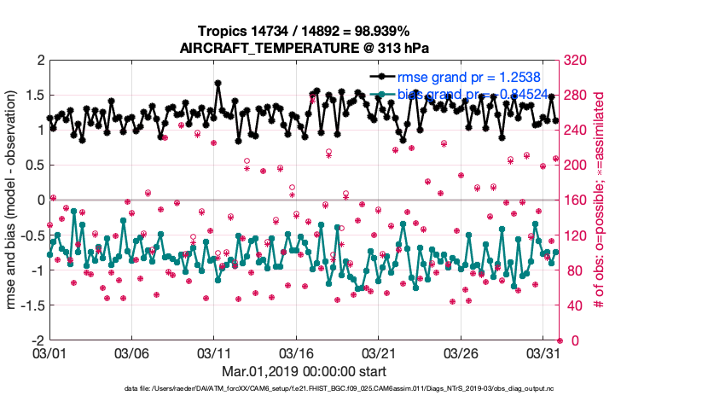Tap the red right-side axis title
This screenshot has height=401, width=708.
click(598, 200)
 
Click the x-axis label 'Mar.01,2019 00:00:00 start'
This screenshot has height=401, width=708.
click(305, 371)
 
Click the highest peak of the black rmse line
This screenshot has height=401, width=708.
click(218, 84)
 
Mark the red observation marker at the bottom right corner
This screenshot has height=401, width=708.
click(559, 340)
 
